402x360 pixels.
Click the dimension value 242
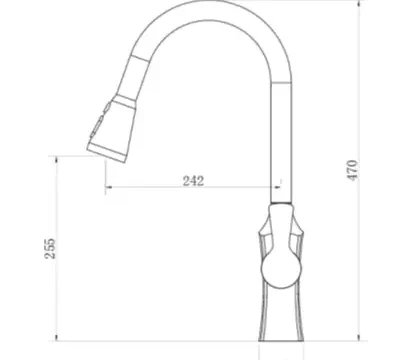pyautogui.click(x=193, y=181)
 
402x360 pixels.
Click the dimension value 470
pyautogui.click(x=352, y=170)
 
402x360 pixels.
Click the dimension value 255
pyautogui.click(x=50, y=248)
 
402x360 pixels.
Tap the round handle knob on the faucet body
pyautogui.click(x=281, y=269)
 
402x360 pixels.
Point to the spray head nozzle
pyautogui.click(x=111, y=129)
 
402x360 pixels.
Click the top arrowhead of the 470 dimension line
pyautogui.click(x=359, y=3)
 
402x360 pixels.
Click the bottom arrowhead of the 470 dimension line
pyautogui.click(x=359, y=338)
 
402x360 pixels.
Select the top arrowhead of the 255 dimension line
pyautogui.click(x=56, y=160)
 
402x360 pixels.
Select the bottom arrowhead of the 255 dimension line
pyautogui.click(x=56, y=338)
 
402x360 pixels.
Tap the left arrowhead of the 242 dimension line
pyautogui.click(x=109, y=187)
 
